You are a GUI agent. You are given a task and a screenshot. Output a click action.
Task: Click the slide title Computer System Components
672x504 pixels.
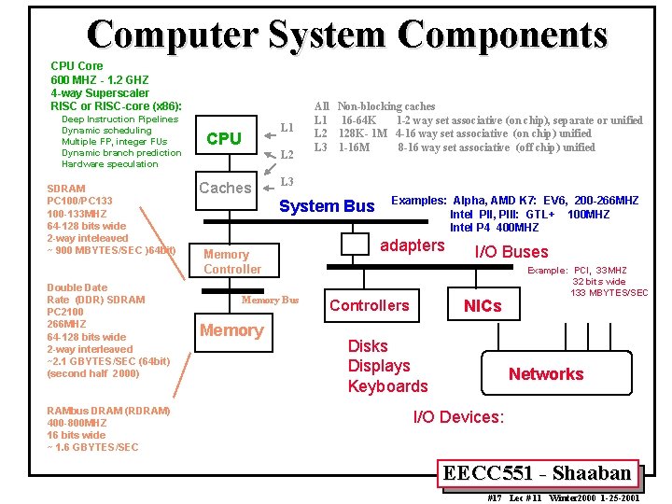[x=347, y=35]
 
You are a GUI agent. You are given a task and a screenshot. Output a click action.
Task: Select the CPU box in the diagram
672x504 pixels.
[x=225, y=138]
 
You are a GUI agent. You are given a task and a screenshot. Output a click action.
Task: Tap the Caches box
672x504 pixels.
[x=225, y=188]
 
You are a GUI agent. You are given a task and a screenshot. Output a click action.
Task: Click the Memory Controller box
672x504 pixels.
[x=232, y=261]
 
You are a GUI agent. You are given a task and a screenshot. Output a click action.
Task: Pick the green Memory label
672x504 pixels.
[x=231, y=330]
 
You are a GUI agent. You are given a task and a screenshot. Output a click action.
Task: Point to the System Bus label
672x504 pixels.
[x=328, y=206]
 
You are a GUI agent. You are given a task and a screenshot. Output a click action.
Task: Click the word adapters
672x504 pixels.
[x=413, y=245]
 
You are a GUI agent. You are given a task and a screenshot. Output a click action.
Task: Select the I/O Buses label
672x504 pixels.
[x=511, y=251]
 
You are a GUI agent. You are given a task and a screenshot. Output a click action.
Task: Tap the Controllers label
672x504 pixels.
[x=370, y=305]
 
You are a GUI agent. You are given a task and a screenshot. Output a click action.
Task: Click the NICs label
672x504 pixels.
[x=483, y=305]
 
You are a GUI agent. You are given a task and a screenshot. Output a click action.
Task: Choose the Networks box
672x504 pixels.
[x=546, y=373]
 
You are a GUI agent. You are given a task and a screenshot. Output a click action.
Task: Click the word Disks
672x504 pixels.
[x=368, y=346]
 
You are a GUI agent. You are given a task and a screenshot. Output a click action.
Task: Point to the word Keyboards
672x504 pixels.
[x=387, y=386]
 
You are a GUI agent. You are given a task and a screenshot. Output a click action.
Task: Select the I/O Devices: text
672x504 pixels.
[x=458, y=417]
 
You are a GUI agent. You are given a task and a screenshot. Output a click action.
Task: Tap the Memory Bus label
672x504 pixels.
[x=270, y=300]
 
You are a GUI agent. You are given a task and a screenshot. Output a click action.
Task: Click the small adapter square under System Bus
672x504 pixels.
[x=355, y=244]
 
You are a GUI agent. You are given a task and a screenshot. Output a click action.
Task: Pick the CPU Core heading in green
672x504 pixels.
[x=77, y=66]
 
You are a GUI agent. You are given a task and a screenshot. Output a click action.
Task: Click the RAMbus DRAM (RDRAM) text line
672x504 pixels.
[x=108, y=411]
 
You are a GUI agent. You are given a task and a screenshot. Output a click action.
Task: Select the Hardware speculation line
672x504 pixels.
[x=110, y=164]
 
